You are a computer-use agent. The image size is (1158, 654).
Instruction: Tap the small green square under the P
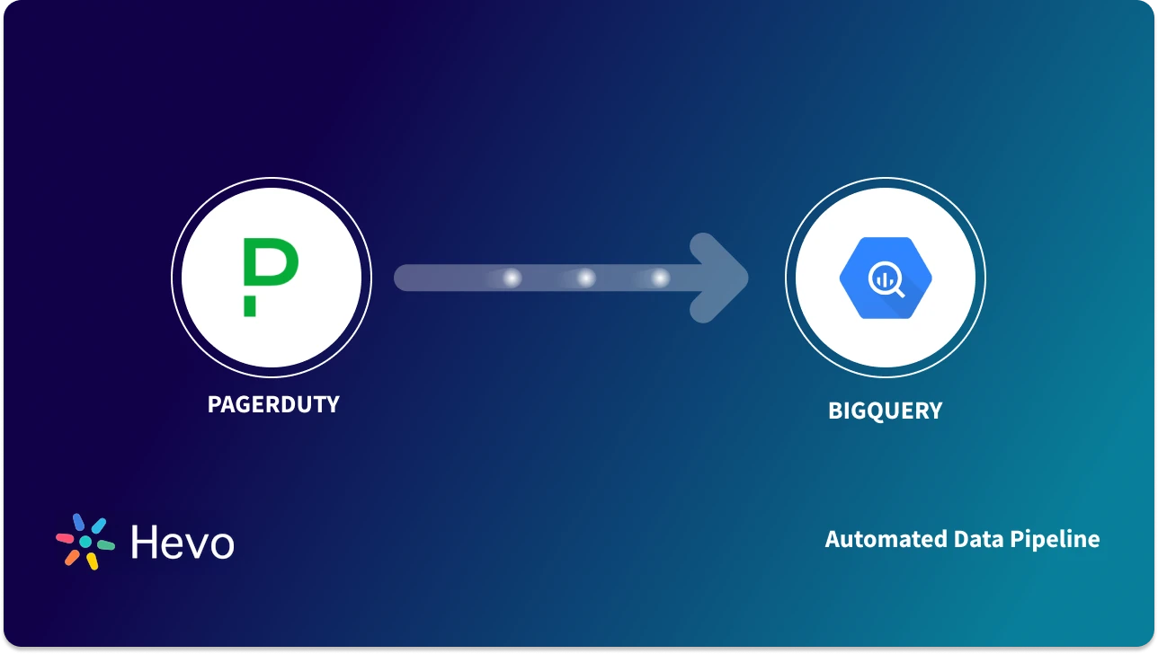(249, 309)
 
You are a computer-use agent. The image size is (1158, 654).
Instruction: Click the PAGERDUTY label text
(273, 404)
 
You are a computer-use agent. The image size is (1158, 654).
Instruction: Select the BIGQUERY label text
(885, 411)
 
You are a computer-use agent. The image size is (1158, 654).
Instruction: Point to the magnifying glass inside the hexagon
(886, 281)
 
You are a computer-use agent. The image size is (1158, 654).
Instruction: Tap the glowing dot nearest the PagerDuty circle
(512, 278)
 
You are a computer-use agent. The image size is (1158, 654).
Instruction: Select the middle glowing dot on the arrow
(586, 278)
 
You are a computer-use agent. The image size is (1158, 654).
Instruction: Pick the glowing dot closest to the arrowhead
(661, 278)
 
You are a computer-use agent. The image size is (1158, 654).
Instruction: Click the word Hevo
(183, 543)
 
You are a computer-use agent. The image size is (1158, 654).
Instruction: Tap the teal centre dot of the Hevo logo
(85, 543)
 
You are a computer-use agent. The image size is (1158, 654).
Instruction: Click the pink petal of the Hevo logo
(65, 538)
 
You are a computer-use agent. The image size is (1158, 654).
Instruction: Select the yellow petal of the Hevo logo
(92, 561)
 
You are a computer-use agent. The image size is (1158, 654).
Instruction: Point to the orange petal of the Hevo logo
(72, 557)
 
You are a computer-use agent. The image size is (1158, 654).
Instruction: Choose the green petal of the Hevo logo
(105, 544)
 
